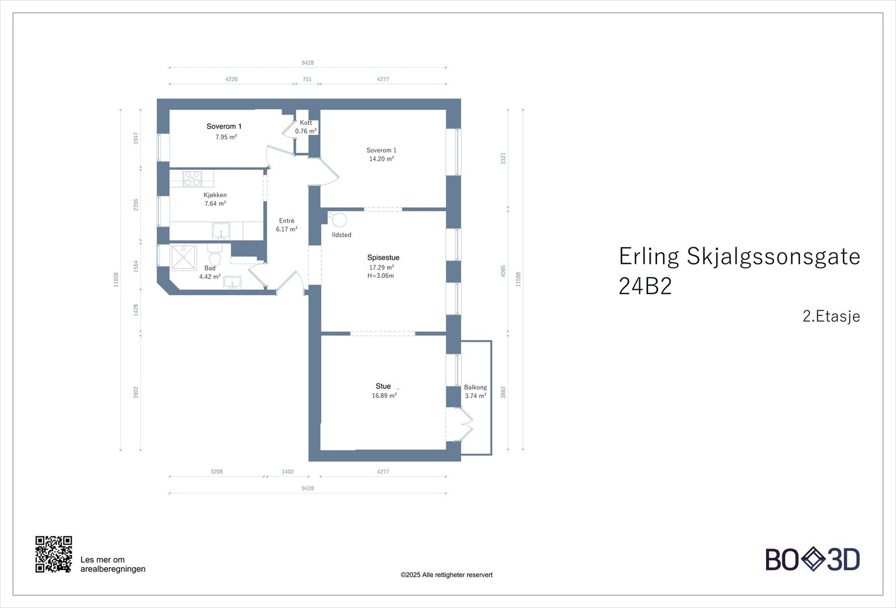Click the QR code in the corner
click(x=54, y=554)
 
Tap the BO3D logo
click(x=813, y=559)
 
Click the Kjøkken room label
click(x=215, y=195)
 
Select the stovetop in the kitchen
click(x=193, y=179)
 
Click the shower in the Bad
click(x=183, y=257)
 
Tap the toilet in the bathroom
click(x=215, y=255)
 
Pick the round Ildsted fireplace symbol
click(x=339, y=220)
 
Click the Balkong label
click(x=475, y=387)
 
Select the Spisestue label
click(x=383, y=258)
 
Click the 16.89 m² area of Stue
click(x=384, y=396)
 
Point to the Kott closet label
click(x=306, y=123)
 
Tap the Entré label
click(x=287, y=221)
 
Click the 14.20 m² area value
click(x=381, y=159)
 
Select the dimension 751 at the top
click(x=307, y=79)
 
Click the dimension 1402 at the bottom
click(x=288, y=471)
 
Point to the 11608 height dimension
click(x=116, y=280)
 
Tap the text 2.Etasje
click(x=831, y=316)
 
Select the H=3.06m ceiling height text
click(x=380, y=276)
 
